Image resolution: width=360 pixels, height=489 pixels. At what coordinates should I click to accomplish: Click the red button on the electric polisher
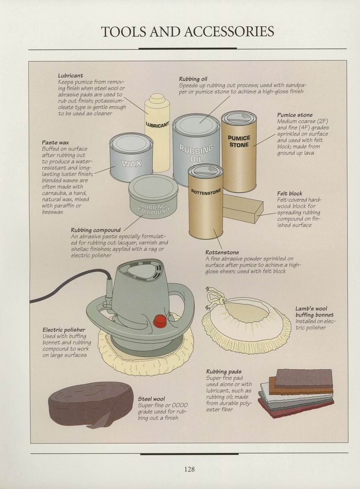[x=159, y=321]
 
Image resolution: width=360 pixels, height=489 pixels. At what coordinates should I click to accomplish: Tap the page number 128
[x=189, y=469]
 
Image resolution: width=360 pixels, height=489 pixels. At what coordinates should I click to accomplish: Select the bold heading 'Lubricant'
[x=70, y=75]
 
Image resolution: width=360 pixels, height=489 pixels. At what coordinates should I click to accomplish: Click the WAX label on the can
[x=131, y=163]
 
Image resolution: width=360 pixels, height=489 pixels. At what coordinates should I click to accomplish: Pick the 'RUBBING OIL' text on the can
[x=196, y=153]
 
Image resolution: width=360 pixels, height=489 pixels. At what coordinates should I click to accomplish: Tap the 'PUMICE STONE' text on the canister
[x=239, y=141]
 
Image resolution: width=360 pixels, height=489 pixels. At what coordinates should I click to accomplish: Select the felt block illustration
[x=243, y=208]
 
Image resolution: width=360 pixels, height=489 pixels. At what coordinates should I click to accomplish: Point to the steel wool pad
[x=91, y=405]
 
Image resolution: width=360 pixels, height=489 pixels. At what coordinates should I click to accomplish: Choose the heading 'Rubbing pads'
[x=224, y=371]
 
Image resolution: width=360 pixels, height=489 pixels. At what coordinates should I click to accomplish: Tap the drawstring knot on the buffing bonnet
[x=222, y=301]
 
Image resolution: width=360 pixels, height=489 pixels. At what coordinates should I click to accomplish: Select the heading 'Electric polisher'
[x=64, y=330]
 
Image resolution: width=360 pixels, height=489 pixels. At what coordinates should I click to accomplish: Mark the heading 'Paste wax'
[x=55, y=143]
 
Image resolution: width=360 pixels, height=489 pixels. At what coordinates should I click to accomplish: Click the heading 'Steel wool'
[x=151, y=399]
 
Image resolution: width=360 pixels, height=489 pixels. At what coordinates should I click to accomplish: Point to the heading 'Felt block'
[x=290, y=193]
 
